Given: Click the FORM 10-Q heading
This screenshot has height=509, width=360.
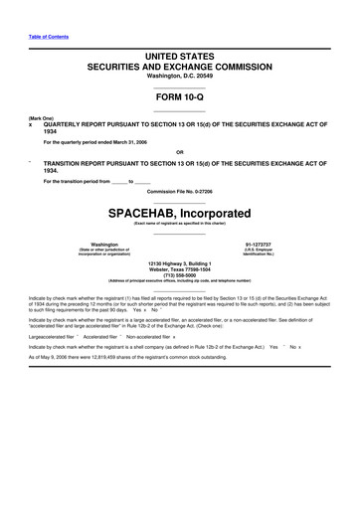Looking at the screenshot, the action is (x=180, y=98).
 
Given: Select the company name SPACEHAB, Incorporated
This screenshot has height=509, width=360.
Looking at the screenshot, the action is (x=180, y=213).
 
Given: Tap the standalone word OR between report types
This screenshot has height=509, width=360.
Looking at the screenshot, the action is (x=180, y=151).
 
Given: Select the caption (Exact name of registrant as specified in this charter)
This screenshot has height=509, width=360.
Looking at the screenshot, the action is (x=180, y=226).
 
